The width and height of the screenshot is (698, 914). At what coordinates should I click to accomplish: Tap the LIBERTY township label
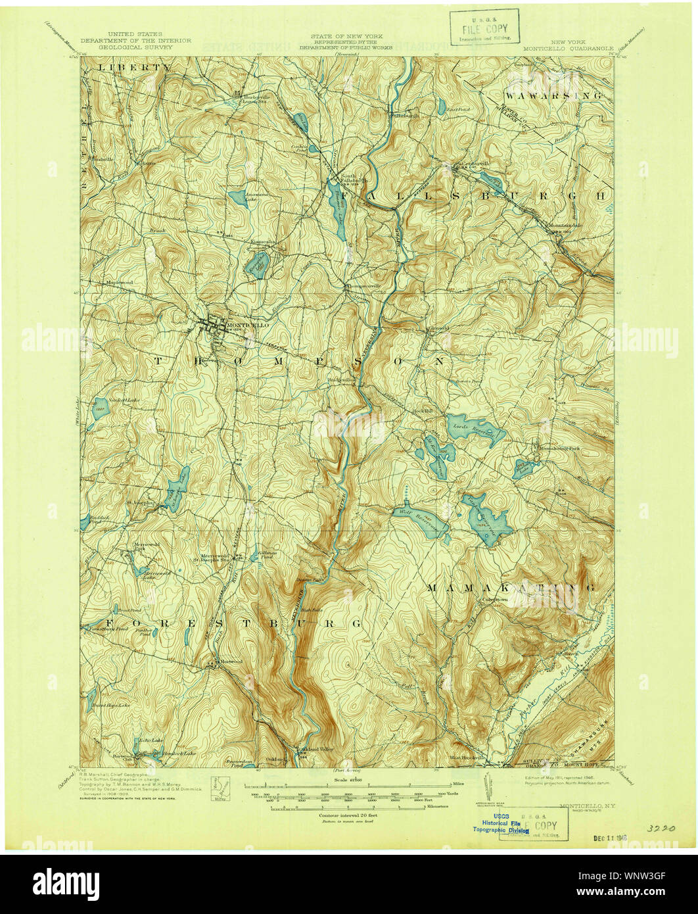coord(129,68)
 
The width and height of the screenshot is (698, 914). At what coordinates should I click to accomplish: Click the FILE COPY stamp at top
coord(484,28)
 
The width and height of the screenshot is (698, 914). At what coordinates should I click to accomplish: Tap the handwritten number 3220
coord(663,829)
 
